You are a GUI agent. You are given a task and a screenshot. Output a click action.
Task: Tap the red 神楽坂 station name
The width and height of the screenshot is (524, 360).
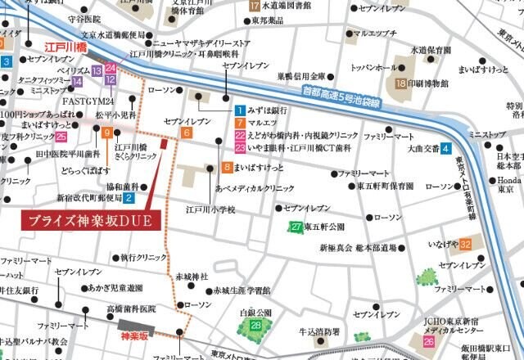[x=134, y=335]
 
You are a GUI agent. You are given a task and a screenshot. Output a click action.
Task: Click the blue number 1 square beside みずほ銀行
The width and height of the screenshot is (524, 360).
[x=239, y=110]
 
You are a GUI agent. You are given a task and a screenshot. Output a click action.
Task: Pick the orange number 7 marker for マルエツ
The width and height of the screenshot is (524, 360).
[x=239, y=123]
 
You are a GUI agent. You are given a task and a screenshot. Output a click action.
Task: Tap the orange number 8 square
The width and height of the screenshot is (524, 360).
[x=227, y=168]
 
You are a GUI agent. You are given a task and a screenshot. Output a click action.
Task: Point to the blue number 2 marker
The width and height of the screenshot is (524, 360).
[x=129, y=197]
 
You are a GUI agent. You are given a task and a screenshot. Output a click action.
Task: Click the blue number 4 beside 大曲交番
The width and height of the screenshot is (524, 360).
[x=446, y=149]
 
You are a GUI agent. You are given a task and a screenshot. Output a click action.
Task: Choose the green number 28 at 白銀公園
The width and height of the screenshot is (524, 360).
[x=256, y=326]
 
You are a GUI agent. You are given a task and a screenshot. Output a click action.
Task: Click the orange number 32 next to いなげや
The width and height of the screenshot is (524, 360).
[x=465, y=244]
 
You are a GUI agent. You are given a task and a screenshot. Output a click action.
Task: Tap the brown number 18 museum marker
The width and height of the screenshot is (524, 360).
[x=401, y=83]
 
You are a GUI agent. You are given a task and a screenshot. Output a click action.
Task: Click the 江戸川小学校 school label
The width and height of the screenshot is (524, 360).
[x=210, y=210]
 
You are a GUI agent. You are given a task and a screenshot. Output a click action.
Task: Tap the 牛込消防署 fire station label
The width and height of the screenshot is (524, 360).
[x=318, y=331]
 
